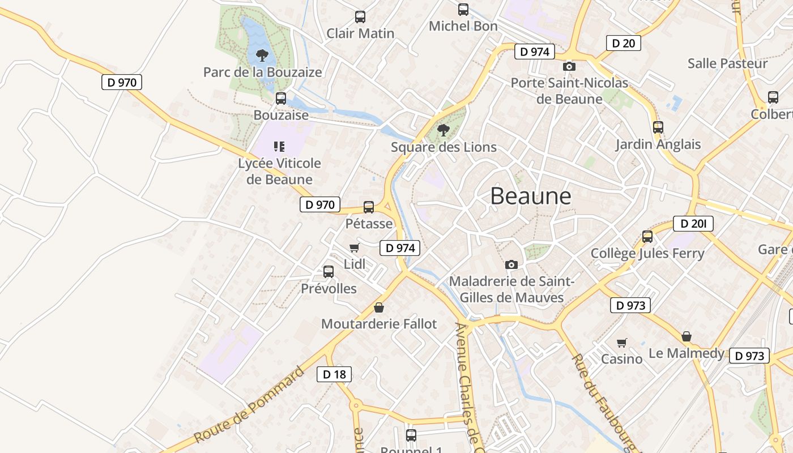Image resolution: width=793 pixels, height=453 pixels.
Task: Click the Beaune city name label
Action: (x=531, y=196)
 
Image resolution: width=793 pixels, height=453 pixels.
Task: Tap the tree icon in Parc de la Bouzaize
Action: (x=262, y=55)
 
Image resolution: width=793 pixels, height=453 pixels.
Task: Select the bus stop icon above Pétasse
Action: (x=369, y=207)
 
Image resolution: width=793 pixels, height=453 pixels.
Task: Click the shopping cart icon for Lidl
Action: (x=355, y=247)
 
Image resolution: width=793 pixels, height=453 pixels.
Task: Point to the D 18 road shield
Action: (x=334, y=374)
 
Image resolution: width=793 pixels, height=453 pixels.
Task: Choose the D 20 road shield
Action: (x=623, y=43)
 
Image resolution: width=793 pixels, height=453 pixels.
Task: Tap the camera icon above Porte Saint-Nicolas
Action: (x=569, y=67)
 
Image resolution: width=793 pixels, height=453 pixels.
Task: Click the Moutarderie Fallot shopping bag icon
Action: (x=379, y=307)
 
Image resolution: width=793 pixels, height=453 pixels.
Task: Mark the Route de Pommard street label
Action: (x=249, y=405)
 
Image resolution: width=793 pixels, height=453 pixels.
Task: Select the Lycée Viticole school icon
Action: (x=279, y=147)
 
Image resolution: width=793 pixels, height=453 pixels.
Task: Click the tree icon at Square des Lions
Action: (x=444, y=130)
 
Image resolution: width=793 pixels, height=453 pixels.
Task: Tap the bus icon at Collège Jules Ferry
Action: (x=647, y=237)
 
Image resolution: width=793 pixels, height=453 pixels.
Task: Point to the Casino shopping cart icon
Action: (x=622, y=343)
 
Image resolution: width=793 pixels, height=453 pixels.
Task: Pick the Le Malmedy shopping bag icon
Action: (x=687, y=337)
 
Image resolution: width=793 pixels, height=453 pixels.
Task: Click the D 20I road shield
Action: (x=693, y=224)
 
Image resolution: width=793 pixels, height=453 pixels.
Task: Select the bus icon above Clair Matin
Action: (x=360, y=17)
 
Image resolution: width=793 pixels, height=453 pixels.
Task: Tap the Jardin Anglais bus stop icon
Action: (x=658, y=127)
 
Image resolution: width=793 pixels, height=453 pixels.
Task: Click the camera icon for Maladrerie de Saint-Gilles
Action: (x=511, y=264)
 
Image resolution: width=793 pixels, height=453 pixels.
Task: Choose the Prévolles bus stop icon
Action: (x=329, y=272)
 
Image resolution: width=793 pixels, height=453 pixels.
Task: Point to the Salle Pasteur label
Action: (x=727, y=63)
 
